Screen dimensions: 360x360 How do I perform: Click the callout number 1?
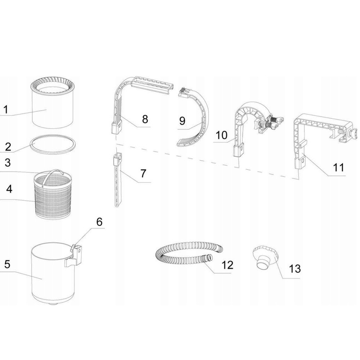click(x=6, y=109)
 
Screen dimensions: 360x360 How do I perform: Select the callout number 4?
click(x=9, y=189)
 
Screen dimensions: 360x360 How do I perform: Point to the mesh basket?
click(x=53, y=196)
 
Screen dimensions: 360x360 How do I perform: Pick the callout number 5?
click(x=7, y=264)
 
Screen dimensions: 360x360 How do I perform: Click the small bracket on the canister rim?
click(x=73, y=256)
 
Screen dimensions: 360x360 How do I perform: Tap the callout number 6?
click(x=99, y=222)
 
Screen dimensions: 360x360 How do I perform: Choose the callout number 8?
click(x=145, y=119)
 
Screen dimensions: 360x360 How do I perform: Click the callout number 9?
click(x=182, y=121)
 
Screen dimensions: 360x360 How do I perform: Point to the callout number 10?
click(x=221, y=135)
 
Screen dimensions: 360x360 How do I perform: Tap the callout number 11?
click(x=338, y=167)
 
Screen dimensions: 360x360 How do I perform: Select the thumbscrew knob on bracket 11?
click(x=353, y=134)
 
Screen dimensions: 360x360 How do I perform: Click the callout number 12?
click(x=227, y=265)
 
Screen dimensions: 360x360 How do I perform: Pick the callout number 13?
click(x=294, y=269)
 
